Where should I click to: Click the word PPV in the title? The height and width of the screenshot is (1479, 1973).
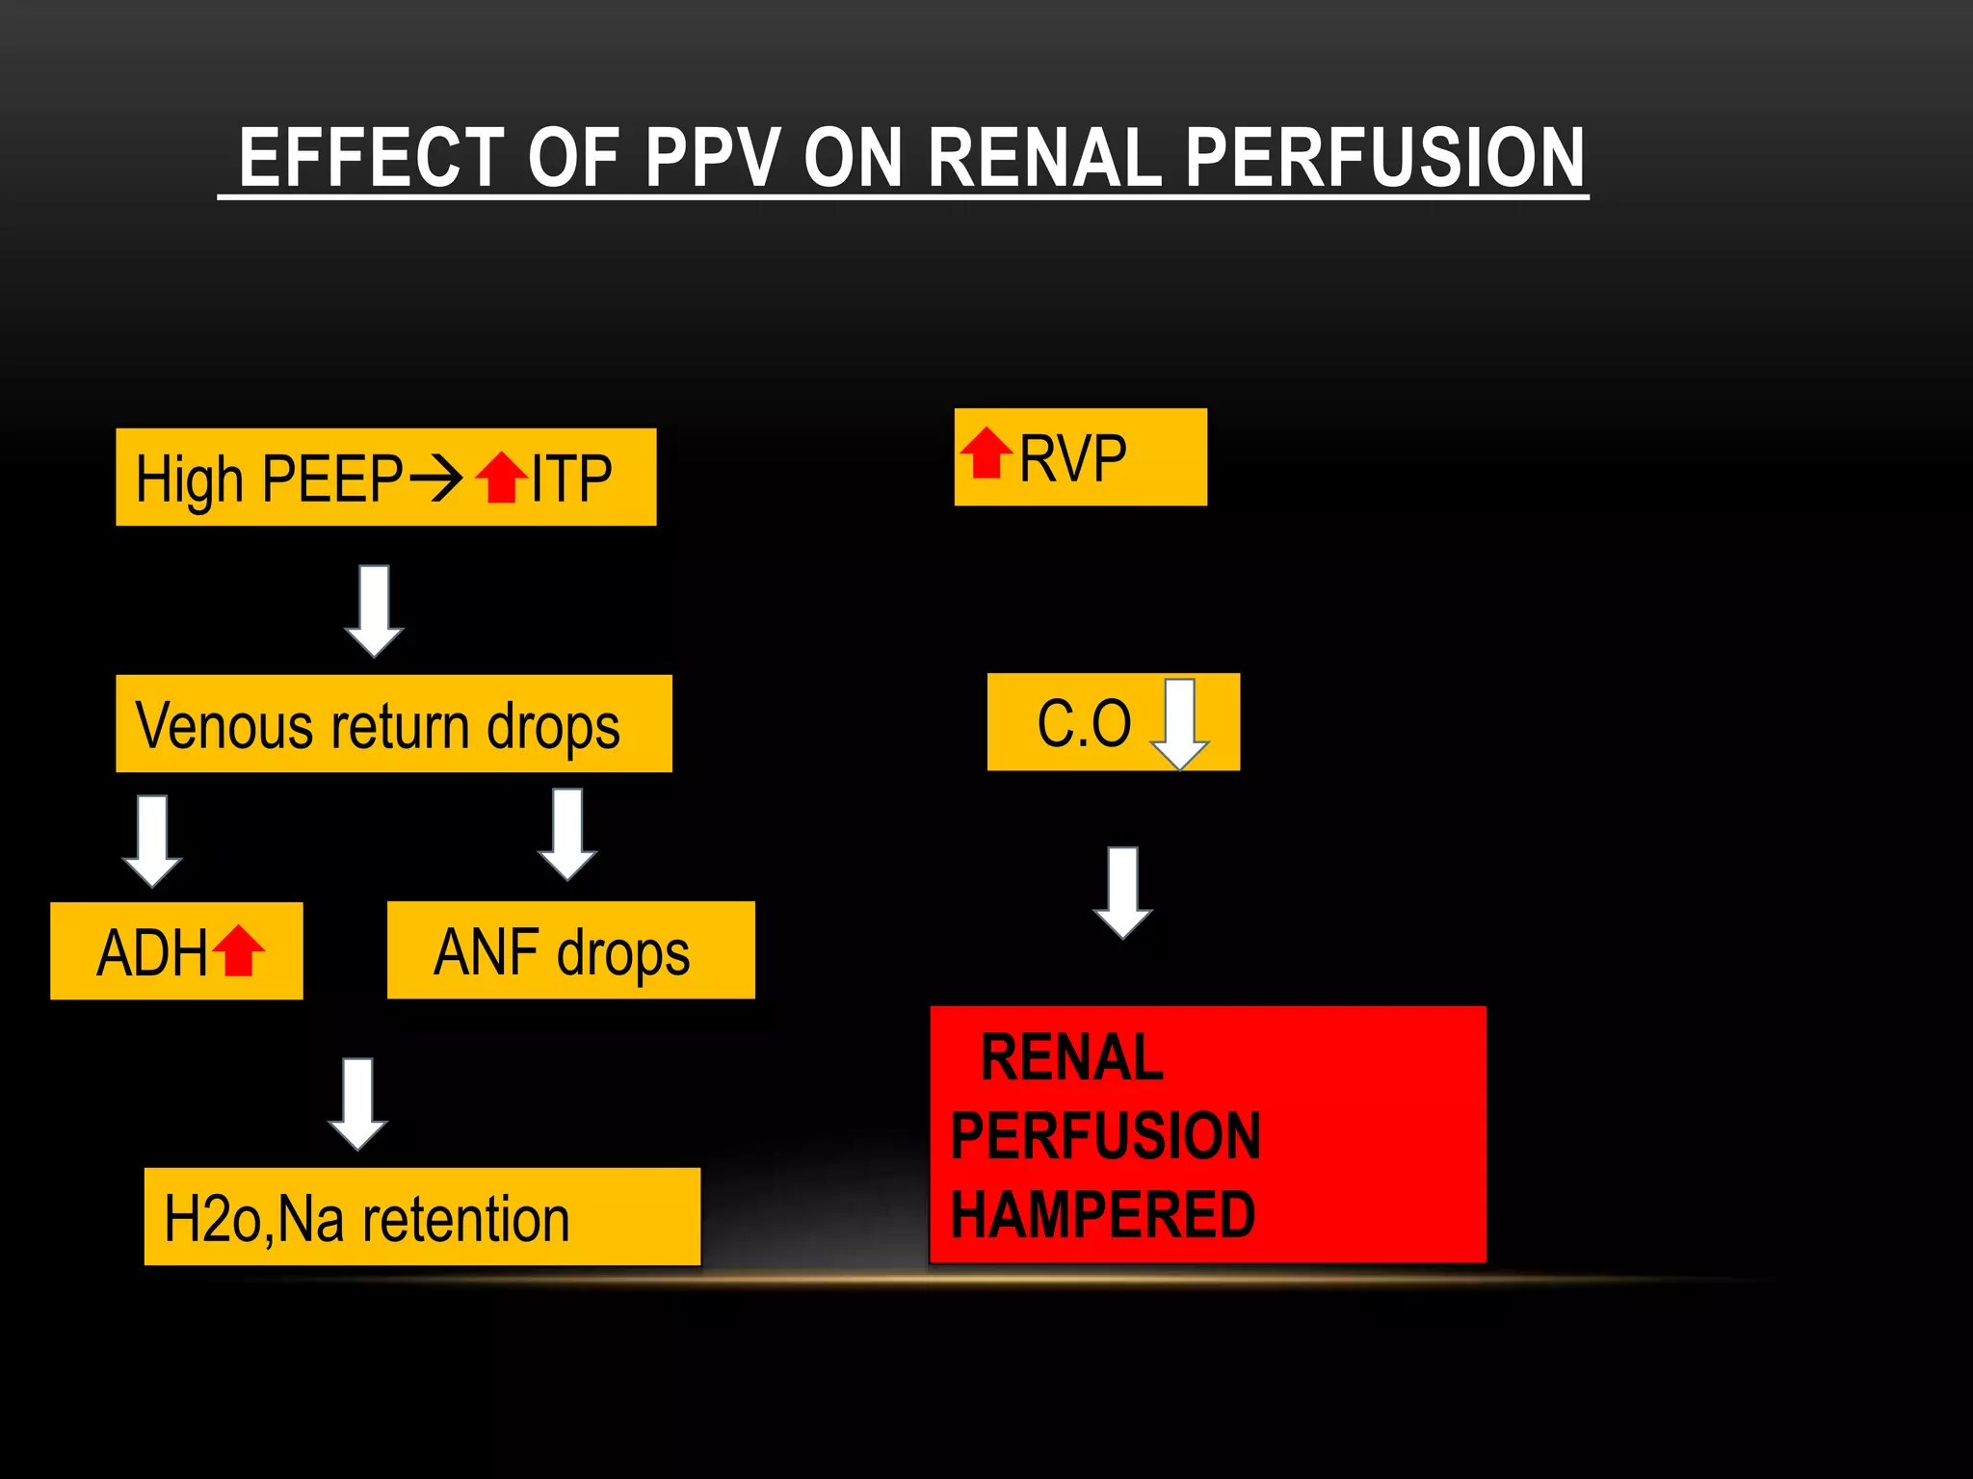712,158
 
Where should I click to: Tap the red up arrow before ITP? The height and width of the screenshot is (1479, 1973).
502,478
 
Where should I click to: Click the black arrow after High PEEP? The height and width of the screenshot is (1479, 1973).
436,478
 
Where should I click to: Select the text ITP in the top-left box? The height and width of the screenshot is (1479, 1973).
571,479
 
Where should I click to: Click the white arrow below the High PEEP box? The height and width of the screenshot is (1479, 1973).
374,610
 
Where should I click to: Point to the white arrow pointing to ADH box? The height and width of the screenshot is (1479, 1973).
152,840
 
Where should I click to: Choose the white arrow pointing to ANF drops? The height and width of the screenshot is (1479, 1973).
567,834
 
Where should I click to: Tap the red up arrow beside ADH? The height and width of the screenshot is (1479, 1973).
238,951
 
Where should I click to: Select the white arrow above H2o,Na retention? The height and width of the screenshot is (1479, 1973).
358,1103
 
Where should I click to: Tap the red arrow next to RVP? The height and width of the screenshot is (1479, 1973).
986,454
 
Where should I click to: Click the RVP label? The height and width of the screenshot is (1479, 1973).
1072,458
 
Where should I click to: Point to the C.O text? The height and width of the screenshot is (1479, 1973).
1084,723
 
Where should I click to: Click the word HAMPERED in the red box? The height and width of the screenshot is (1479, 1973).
1103,1214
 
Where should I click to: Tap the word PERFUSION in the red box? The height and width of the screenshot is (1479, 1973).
1105,1135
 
